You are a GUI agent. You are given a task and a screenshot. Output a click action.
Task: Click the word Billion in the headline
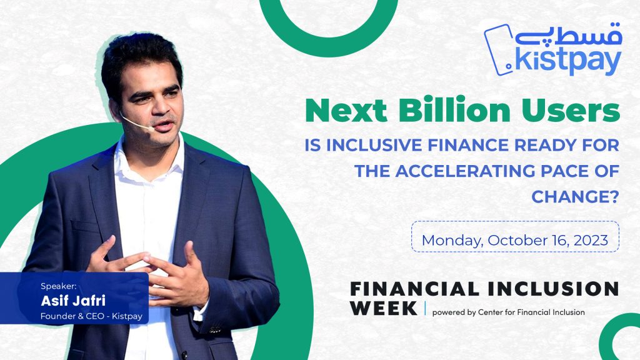click(x=454, y=110)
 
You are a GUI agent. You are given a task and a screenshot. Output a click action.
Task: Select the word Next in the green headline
click(x=346, y=111)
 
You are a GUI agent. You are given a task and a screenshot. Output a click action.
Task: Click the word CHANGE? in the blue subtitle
click(x=576, y=197)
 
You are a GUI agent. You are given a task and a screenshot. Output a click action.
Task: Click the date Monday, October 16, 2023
click(x=515, y=240)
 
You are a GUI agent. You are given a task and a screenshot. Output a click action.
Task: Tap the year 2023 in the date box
click(x=591, y=239)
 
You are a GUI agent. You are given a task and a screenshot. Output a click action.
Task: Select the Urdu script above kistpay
click(x=568, y=34)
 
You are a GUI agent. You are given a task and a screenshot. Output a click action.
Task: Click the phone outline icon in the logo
click(x=499, y=50)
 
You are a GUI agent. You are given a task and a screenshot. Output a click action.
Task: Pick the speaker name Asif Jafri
click(x=73, y=301)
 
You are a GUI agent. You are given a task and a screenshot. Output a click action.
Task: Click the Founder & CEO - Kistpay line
click(x=91, y=316)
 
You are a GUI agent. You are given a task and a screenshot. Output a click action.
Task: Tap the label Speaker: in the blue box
click(x=58, y=286)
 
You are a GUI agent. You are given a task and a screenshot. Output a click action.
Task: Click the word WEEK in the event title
click(x=384, y=309)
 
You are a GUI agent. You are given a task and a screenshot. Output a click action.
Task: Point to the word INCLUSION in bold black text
click(x=554, y=289)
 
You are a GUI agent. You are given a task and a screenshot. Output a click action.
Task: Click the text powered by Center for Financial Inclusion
click(x=508, y=312)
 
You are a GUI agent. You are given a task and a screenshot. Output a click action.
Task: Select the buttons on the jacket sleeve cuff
click(x=216, y=329)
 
